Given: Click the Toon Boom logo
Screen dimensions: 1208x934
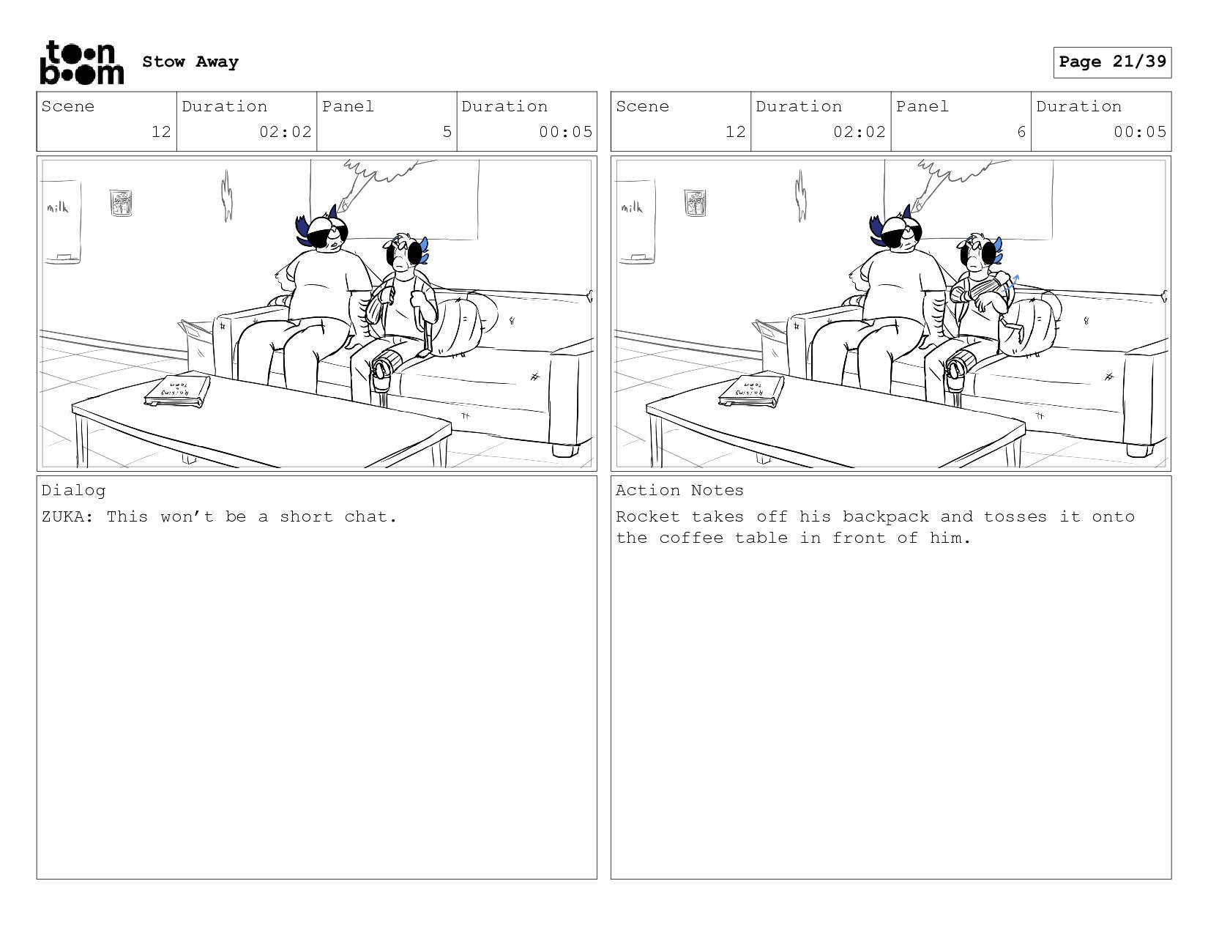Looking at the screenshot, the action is (x=82, y=62).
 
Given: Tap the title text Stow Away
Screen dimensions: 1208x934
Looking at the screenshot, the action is (x=190, y=62).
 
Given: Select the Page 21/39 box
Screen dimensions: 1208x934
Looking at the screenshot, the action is (x=1112, y=62).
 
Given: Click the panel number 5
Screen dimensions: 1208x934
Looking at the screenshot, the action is (x=447, y=132).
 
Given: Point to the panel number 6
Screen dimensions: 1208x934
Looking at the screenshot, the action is (x=1021, y=132).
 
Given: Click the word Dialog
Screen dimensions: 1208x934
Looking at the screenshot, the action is (x=73, y=491).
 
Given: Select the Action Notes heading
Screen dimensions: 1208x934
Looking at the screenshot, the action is (x=679, y=490).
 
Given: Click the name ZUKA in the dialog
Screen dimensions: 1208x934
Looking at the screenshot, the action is (x=63, y=516).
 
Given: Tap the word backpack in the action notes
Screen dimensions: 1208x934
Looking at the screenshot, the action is (x=886, y=516).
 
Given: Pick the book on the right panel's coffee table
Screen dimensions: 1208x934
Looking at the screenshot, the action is (x=752, y=392).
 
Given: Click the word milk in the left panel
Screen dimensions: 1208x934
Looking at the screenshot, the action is (x=57, y=207).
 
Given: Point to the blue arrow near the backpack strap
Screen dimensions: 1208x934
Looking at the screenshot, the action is (x=1010, y=284).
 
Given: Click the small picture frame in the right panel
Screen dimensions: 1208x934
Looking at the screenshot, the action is (x=695, y=203).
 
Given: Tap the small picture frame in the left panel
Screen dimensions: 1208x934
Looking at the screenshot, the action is (x=122, y=203).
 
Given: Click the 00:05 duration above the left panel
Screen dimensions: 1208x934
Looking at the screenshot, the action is (x=565, y=132).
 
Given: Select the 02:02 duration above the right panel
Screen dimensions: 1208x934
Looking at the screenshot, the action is (x=859, y=132).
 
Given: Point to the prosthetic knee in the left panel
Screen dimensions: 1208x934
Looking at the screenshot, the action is (x=381, y=368).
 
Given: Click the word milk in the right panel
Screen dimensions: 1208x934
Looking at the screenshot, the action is (x=632, y=207).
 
